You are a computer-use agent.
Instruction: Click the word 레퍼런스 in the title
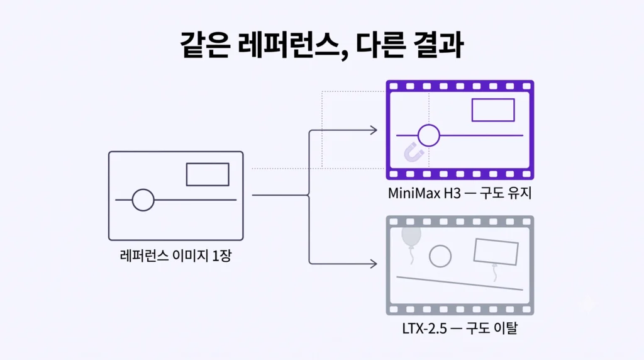[293, 45]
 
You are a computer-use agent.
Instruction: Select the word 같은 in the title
[205, 44]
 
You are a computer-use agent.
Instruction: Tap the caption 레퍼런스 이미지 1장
[176, 256]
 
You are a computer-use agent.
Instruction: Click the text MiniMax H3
[425, 193]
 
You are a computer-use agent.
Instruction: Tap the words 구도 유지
[506, 193]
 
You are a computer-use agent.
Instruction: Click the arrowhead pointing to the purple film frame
[374, 130]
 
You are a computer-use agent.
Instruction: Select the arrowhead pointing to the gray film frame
[374, 264]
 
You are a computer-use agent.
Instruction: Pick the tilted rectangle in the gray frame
[475, 250]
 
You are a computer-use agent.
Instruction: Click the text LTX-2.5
[425, 329]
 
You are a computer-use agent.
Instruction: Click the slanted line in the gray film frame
[460, 283]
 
